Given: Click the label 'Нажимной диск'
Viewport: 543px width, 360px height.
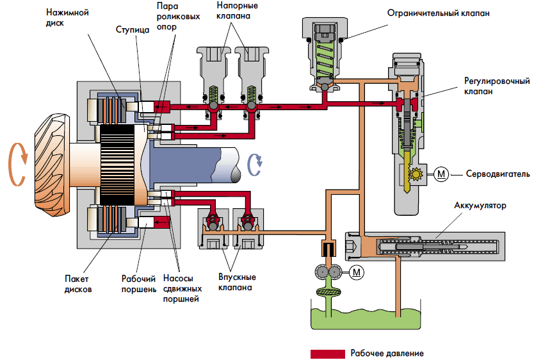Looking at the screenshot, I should coord(66,17).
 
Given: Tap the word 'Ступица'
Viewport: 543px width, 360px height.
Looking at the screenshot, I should coord(133,29).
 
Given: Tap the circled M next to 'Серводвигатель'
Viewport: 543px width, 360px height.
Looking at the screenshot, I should coord(442,173).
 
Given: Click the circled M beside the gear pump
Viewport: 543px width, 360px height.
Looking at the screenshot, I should coord(357,272).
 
